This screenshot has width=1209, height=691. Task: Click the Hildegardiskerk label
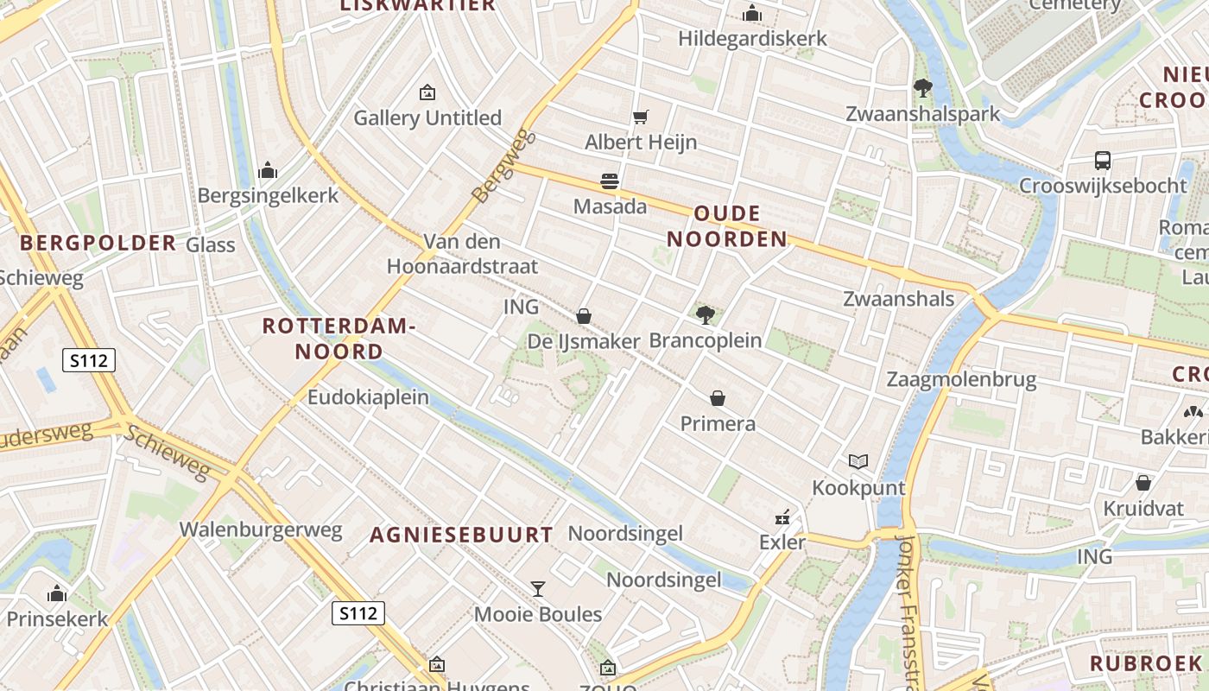(x=752, y=39)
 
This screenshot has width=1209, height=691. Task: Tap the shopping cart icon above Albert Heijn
(x=640, y=117)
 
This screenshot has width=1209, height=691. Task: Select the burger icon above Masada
(x=610, y=181)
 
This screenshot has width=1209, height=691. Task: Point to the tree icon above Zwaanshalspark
(x=922, y=87)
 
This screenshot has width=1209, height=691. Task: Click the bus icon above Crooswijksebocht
(x=1103, y=160)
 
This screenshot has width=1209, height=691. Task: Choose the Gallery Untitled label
(x=427, y=117)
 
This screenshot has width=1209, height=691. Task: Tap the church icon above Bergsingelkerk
(x=268, y=170)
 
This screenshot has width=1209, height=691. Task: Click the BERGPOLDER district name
(x=98, y=243)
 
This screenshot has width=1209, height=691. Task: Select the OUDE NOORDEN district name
(x=728, y=226)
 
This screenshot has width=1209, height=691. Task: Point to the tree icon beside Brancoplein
(x=705, y=314)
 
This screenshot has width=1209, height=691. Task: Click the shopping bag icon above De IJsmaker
(x=584, y=316)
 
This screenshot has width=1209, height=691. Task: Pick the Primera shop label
(x=718, y=423)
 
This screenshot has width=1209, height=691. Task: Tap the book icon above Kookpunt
(x=858, y=461)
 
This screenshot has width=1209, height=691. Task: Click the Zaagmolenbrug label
(x=961, y=380)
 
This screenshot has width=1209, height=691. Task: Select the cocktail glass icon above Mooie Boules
(x=538, y=589)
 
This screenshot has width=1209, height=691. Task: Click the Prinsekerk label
(x=58, y=618)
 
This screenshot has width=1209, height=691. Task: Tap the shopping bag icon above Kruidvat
(x=1143, y=483)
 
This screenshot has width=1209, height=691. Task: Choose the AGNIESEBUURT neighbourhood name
(x=461, y=535)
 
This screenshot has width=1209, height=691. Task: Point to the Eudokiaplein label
(x=369, y=397)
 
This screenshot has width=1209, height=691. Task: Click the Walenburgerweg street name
(x=261, y=529)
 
